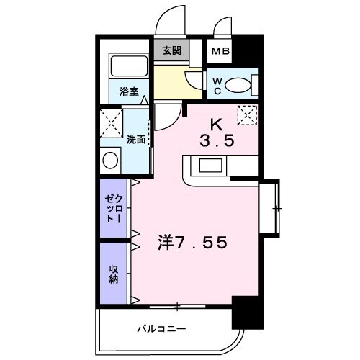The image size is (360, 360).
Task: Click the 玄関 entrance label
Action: pos(171,51)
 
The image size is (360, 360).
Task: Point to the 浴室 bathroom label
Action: pos(130,92)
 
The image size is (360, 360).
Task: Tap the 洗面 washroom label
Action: pos(137,139)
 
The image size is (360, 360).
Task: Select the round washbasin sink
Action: pos(111,160)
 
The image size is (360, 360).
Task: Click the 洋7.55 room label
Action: pos(192,243)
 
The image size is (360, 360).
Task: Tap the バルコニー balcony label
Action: pos(162,329)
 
